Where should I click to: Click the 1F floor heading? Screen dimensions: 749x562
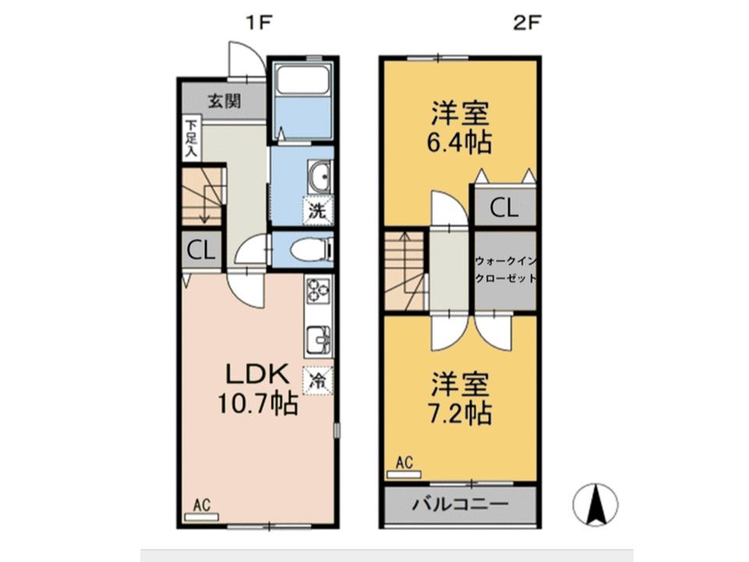point(259,23)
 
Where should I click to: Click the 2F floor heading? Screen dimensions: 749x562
point(527,23)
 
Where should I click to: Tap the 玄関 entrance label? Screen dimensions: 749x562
point(224,101)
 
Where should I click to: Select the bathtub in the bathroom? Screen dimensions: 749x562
point(303,80)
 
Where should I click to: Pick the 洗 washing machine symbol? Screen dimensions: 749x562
point(318,211)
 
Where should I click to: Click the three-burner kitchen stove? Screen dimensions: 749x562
point(318,290)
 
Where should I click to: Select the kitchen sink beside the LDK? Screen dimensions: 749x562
point(318,340)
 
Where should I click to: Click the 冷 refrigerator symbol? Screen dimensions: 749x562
point(318,381)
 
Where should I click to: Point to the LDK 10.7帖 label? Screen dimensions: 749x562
point(258,389)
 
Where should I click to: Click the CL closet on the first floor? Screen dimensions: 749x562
point(201,251)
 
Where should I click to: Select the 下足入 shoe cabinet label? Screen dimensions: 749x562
point(191,139)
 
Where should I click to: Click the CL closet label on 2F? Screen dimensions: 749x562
point(504,208)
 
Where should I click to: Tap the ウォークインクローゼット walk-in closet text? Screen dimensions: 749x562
point(506,270)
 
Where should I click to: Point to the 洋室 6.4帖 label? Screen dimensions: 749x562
point(460,127)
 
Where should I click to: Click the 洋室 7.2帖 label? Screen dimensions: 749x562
point(460,398)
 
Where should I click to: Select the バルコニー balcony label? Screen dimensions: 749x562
point(460,503)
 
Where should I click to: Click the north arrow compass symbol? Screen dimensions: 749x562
point(595,504)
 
